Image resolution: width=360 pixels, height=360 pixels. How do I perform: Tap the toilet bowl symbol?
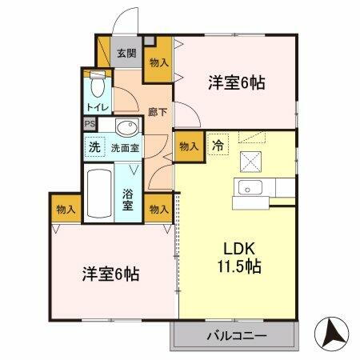(x=96, y=85)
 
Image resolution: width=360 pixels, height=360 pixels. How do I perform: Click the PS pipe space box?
(x=90, y=125)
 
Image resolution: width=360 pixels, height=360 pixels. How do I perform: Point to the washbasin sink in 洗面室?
(x=126, y=127)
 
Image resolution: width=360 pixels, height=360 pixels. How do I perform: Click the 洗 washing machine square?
(x=94, y=147)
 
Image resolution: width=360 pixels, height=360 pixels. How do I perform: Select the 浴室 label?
(x=128, y=200)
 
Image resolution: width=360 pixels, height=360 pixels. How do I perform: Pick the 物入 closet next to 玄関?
(x=158, y=63)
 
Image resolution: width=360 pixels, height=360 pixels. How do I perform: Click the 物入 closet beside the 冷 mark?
(x=189, y=146)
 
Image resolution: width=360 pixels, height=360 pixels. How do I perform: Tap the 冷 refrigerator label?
(x=218, y=146)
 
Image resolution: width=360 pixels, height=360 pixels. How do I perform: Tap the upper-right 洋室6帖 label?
(x=237, y=82)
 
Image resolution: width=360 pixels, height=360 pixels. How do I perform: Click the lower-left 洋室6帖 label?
(x=110, y=274)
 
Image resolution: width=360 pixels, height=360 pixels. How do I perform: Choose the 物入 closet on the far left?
(x=66, y=209)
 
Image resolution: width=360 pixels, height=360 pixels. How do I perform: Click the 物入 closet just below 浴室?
(x=158, y=209)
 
